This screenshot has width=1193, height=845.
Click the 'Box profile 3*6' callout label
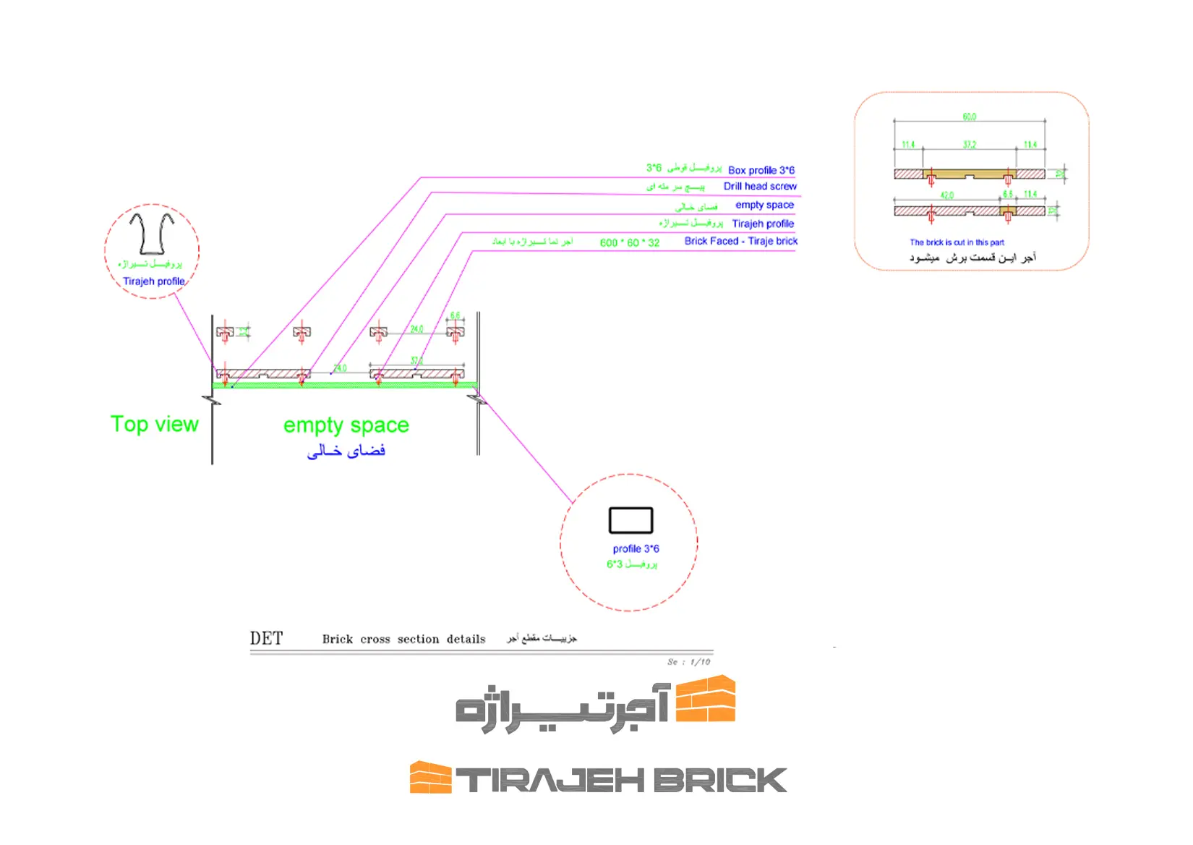coord(761,171)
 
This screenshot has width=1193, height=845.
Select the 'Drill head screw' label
coord(760,187)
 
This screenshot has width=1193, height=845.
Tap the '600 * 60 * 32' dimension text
coord(629,243)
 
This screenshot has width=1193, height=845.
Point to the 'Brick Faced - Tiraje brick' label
coord(740,242)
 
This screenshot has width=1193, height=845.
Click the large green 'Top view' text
coord(154,424)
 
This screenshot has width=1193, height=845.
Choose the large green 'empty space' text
coord(346,425)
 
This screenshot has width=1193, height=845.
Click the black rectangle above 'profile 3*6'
coord(630,520)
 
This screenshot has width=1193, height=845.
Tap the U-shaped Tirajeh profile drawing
coord(152,232)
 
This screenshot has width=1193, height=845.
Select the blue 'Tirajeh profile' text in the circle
coord(153,281)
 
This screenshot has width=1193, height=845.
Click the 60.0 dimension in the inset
coord(969,117)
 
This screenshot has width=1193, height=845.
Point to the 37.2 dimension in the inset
coord(969,145)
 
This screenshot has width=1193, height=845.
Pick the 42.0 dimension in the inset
coord(946,195)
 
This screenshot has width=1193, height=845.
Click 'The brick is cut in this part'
coord(957,242)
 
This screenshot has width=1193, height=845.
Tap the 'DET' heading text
coord(266,638)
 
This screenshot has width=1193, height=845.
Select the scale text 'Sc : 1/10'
coord(688,662)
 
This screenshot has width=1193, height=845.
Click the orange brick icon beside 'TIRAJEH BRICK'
coord(430,778)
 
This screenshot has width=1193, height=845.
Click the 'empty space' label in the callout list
coord(764,205)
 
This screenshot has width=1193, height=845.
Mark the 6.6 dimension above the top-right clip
coord(455,316)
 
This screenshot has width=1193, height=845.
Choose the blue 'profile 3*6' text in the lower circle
coord(636,549)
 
